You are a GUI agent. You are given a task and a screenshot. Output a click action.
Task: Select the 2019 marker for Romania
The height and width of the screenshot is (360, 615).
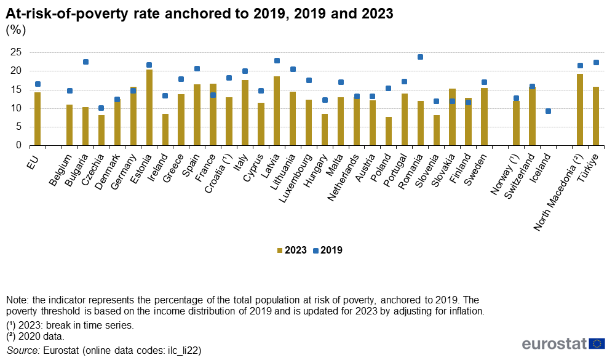(x=421, y=57)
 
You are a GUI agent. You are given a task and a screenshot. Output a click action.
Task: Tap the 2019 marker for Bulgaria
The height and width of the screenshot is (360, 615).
(x=85, y=62)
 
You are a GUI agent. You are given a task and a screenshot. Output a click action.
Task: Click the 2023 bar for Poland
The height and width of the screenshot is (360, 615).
(x=389, y=131)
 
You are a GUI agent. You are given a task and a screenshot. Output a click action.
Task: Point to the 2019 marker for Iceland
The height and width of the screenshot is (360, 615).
(x=548, y=111)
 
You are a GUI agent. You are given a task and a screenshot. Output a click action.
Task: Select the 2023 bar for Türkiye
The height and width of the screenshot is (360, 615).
(x=596, y=116)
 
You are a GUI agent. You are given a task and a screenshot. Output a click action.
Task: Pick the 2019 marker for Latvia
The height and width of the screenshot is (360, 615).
(x=277, y=60)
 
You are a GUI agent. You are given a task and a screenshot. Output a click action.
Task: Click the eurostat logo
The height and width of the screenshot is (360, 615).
(x=563, y=343)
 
